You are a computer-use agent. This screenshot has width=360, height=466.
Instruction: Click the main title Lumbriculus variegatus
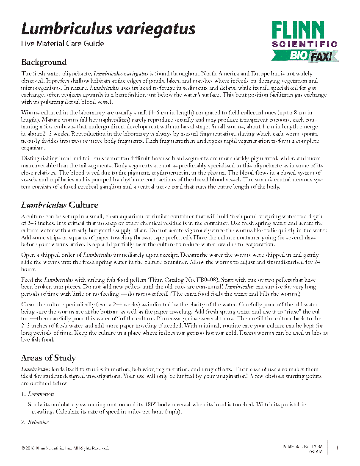click(108, 29)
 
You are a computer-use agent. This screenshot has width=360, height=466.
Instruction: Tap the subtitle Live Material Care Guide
click(63, 43)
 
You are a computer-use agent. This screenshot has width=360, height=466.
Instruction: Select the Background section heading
click(44, 62)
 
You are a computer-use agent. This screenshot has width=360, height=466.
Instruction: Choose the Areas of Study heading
click(48, 358)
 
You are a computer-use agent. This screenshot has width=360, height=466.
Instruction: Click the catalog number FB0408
click(217, 280)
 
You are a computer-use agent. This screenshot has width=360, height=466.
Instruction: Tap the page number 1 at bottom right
click(337, 448)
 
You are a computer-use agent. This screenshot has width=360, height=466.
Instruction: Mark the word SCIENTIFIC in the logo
click(305, 44)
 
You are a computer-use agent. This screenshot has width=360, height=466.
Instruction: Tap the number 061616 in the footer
click(316, 452)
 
